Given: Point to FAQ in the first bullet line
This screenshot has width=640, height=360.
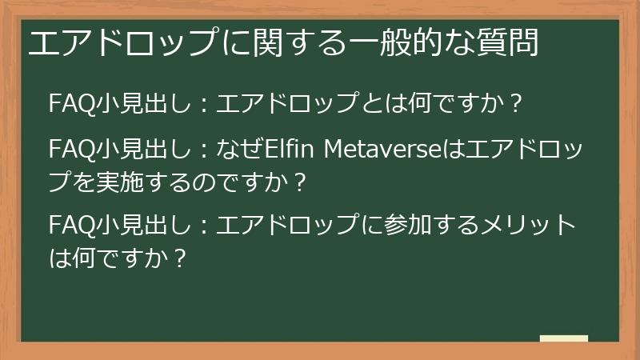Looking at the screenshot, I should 70,105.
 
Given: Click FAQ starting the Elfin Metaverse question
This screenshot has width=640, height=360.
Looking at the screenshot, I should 70,150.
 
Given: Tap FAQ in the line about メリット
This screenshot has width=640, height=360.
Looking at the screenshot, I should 70,226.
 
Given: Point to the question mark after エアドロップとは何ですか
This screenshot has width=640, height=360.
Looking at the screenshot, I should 515,105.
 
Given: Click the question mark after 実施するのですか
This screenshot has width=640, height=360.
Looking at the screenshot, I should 300,182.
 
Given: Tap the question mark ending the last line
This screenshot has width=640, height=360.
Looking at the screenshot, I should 179,258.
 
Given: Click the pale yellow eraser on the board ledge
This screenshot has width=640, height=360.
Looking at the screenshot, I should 564,339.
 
